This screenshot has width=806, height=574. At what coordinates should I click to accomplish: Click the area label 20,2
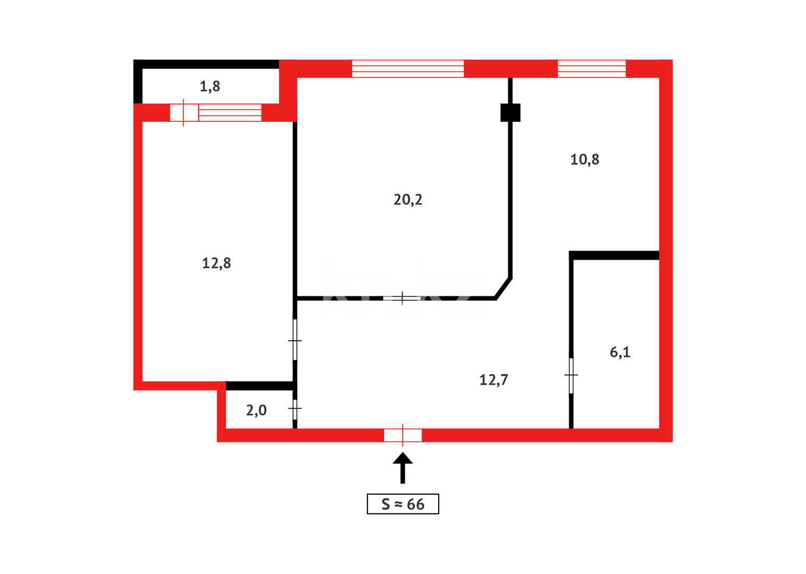point(408,199)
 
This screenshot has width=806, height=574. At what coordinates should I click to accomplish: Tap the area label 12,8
point(216,263)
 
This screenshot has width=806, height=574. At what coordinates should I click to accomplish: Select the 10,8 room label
point(584,159)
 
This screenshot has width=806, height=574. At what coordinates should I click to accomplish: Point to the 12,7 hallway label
point(493,380)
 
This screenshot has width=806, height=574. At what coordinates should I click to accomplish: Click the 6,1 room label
point(620,352)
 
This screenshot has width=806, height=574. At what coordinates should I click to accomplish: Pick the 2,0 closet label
point(256,410)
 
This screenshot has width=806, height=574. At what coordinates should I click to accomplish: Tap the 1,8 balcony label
point(209,86)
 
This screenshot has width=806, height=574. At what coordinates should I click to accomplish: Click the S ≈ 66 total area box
point(402,504)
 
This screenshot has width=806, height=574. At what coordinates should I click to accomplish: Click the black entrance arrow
point(402,467)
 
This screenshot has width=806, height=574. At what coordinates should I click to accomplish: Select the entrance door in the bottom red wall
point(402,435)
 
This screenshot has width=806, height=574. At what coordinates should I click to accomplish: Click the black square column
point(510,113)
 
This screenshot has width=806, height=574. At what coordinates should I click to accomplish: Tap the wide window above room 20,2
point(408,69)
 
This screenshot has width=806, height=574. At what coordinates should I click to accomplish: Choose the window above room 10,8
point(591,69)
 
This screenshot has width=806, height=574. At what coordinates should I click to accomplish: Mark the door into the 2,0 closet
point(295,409)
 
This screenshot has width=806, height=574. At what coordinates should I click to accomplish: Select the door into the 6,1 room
point(571,375)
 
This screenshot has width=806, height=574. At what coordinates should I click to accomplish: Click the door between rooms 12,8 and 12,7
point(295,340)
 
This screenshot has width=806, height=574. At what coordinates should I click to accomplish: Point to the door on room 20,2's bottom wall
point(402,298)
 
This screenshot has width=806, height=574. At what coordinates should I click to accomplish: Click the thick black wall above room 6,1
point(615,256)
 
